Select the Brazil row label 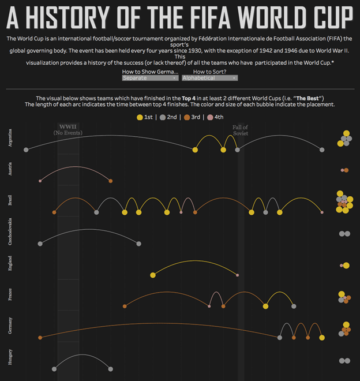click(x=10, y=201)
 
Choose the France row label click(x=10, y=296)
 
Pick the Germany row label click(x=10, y=327)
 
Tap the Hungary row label click(x=10, y=359)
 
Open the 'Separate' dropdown click(x=149, y=77)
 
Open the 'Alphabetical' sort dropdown click(x=209, y=77)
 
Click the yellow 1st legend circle click(x=140, y=117)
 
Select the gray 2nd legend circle click(x=163, y=117)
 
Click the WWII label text click(x=67, y=127)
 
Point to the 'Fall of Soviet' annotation click(x=240, y=130)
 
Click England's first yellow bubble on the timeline click(x=153, y=275)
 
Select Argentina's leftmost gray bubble click(x=26, y=150)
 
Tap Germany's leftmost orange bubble click(x=40, y=337)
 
